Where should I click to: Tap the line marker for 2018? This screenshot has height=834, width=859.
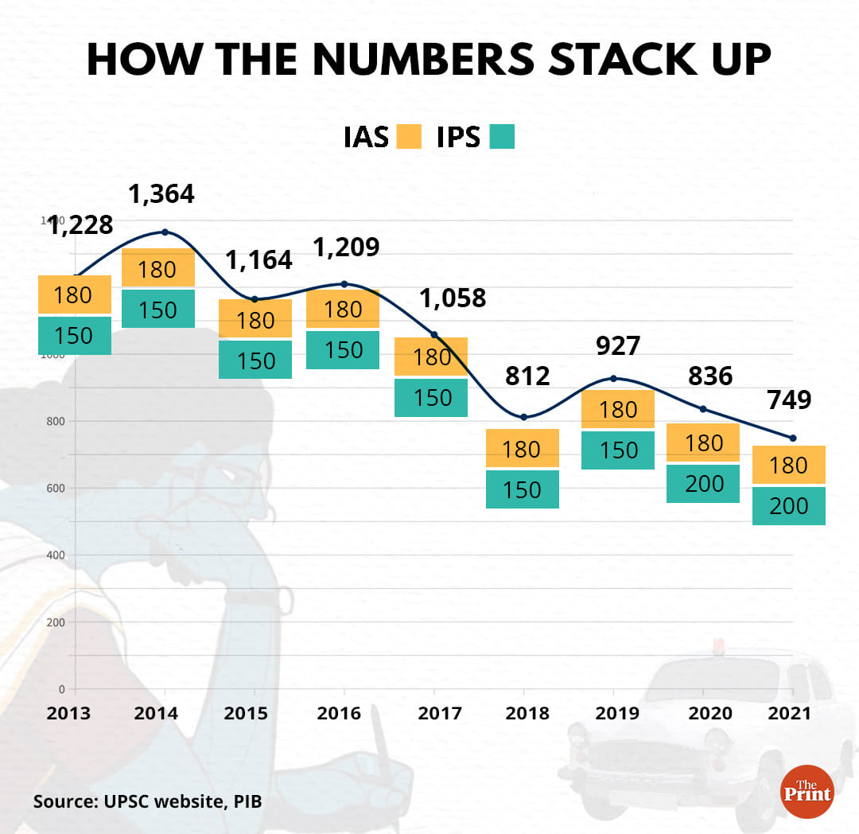point(523,417)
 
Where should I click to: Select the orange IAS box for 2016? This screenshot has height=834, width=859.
point(343,309)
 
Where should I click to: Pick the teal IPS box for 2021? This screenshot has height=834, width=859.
point(789,506)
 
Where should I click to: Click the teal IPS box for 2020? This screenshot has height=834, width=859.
point(704,483)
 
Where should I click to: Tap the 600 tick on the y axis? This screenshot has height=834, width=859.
point(55,488)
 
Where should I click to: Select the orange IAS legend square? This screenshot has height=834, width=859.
point(409,136)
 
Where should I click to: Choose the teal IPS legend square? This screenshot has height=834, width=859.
point(502,136)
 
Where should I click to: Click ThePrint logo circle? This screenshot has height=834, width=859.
point(807,791)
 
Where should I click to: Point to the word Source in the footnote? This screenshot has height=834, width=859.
point(64,801)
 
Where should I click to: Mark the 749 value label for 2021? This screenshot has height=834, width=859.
point(789,399)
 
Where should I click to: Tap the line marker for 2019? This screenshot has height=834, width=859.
point(612,378)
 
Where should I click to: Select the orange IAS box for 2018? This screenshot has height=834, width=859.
point(523,449)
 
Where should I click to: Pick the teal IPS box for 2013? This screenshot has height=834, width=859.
point(74,336)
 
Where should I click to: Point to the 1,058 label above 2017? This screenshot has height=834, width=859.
point(453,298)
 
